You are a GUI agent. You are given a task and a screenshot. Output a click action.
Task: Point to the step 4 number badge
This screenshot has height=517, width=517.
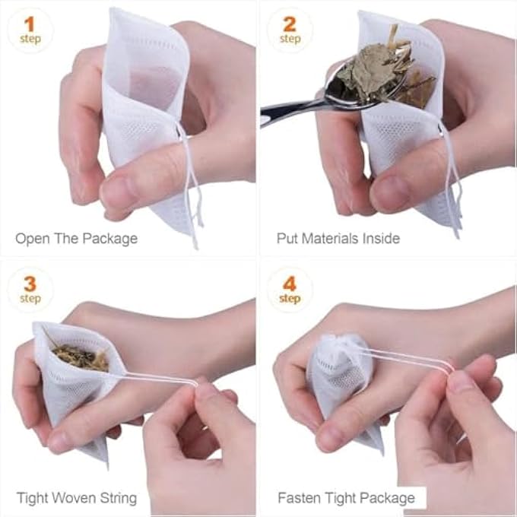click(290, 290)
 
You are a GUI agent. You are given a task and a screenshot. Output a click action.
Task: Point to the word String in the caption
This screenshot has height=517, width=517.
click(117, 499)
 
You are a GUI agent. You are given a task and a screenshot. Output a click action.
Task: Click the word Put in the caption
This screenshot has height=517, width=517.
click(287, 239)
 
